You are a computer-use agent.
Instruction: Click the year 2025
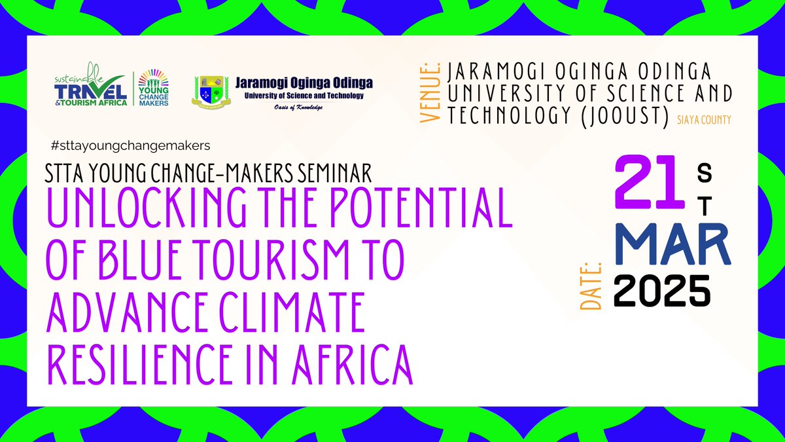662,291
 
